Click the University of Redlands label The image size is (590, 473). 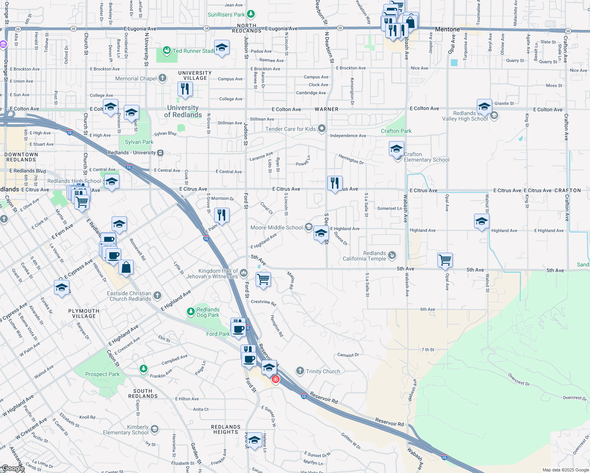coord(183,111)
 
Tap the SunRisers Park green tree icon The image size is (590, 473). coord(250,15)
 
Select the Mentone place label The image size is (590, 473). coord(447,29)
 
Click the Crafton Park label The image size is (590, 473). coord(396,131)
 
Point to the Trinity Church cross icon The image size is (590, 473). coord(300,371)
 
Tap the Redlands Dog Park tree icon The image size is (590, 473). coord(191,312)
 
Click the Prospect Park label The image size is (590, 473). coord(102,374)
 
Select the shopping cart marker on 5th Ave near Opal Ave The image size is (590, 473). coord(445,260)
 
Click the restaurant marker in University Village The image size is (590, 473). coord(185,89)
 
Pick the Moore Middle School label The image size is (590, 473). coord(276,227)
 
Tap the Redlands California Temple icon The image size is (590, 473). coord(392,255)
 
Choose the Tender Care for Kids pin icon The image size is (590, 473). coord(322,128)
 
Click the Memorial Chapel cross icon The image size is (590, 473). coord(162,78)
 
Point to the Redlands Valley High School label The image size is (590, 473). coord(465,116)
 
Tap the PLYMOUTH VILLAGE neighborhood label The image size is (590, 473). coord(84,313)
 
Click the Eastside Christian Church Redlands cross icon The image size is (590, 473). coord(157,295)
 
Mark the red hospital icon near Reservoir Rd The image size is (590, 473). coord(276,379)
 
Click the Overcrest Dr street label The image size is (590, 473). coord(519,380)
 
